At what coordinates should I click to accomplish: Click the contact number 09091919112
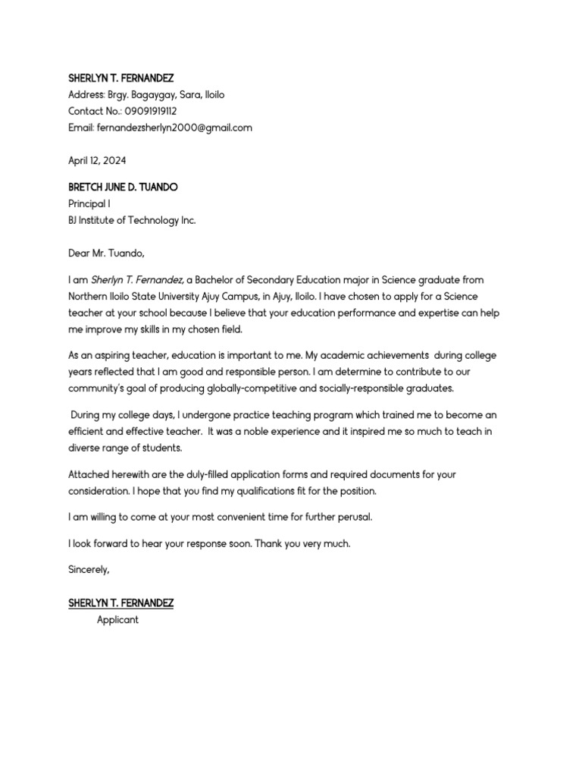151,112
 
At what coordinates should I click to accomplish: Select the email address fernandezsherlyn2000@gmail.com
174,127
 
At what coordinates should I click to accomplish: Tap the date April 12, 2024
97,161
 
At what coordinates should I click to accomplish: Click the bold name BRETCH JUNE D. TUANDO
123,187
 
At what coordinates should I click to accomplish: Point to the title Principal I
89,204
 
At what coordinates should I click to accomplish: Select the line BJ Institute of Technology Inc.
132,220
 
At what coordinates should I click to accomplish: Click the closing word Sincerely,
89,569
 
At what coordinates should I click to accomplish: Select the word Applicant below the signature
117,620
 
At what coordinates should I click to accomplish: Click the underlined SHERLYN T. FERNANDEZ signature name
120,603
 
